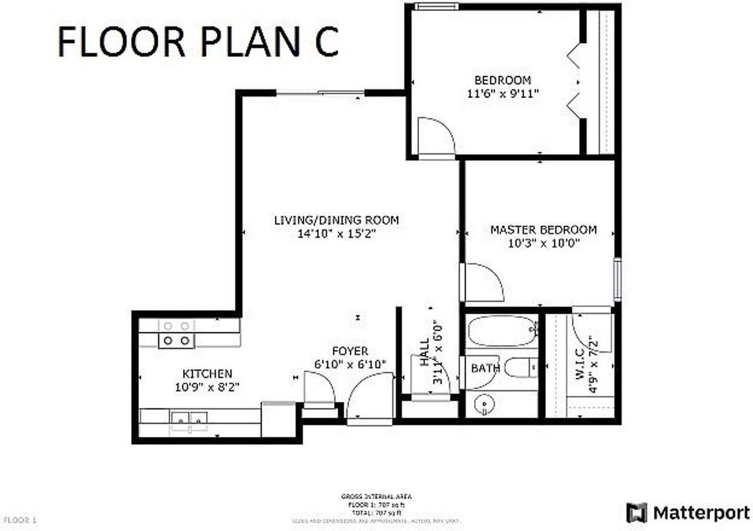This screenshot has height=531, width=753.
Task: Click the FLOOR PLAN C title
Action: coord(198,41)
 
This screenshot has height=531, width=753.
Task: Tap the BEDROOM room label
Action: coord(502,80)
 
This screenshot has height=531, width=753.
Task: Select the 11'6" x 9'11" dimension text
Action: coord(502,93)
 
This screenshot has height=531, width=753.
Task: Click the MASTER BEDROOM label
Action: coord(543,230)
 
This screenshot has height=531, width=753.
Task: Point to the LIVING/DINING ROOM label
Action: coord(336,220)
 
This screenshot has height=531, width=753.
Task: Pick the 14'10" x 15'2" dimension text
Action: coord(336,234)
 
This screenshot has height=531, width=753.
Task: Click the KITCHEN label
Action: coord(207,373)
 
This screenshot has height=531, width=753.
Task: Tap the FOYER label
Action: coord(349,351)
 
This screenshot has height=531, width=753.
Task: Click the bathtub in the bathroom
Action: coord(502,331)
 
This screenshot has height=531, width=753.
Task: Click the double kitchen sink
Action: coord(189,418)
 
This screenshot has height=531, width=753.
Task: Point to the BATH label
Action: coord(485,369)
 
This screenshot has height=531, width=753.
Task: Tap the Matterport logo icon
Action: coord(637,512)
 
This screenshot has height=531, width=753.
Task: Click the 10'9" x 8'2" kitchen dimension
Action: coord(207,387)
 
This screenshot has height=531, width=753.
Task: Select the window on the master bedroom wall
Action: coord(617,280)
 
